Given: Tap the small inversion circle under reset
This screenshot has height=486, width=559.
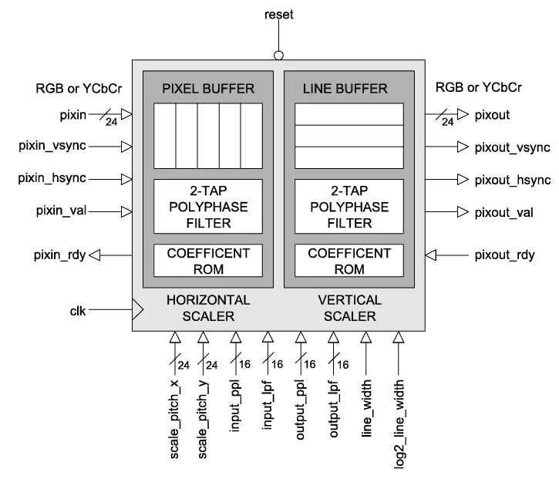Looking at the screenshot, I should [x=278, y=55].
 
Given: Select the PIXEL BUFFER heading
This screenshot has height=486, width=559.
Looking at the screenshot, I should [x=207, y=88].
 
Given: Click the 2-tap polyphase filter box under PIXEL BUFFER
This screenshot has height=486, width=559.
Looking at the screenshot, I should [x=207, y=207].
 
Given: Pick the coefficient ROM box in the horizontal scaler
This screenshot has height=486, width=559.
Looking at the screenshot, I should [x=207, y=261].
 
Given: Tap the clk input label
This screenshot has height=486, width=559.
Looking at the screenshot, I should [x=79, y=310].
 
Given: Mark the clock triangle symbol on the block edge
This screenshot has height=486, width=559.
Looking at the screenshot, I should [x=138, y=311].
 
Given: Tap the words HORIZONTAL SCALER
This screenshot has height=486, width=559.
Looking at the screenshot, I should [x=207, y=308].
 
